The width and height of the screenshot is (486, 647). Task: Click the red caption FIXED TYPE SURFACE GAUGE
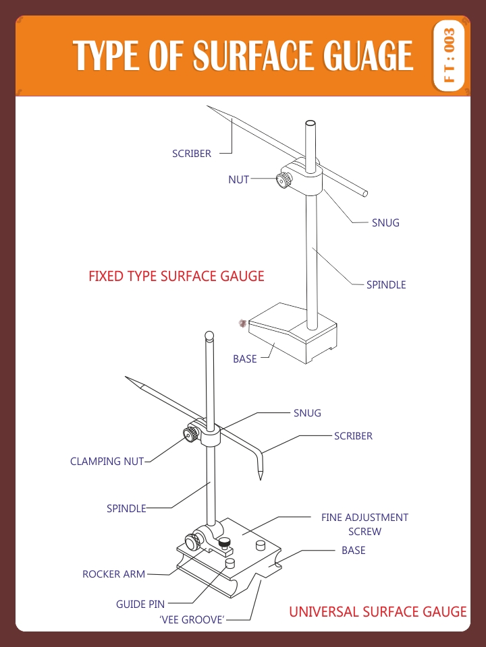176,276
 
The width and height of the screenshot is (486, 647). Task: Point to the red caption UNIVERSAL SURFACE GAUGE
377,612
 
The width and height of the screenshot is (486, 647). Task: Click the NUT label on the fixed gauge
238,180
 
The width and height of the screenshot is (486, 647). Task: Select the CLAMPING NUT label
107,462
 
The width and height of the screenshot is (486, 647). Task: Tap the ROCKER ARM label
113,574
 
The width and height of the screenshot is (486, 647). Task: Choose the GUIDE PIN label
140,605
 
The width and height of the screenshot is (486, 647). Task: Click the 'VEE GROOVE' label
192,619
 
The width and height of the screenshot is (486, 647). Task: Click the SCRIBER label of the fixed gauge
192,154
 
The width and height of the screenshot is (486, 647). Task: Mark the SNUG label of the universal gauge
307,413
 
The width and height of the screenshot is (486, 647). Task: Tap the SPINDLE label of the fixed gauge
386,285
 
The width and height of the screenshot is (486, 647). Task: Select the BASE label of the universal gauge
353,551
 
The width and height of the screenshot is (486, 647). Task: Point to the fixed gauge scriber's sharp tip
209,107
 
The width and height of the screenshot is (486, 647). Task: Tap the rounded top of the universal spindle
210,335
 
